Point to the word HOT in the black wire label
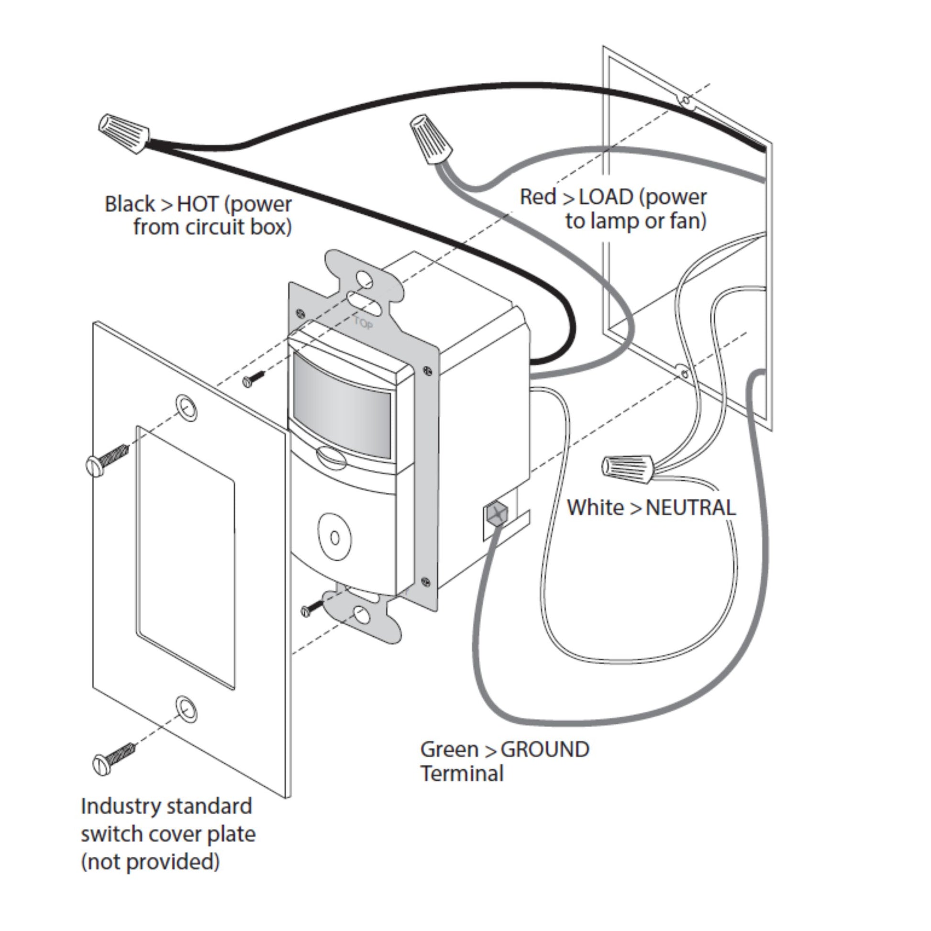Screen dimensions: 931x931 coord(198,204)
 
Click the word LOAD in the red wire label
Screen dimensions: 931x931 coord(606,197)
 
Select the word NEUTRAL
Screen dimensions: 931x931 coord(690,508)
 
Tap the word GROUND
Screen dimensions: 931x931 coord(545,749)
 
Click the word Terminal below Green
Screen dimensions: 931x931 coord(462,774)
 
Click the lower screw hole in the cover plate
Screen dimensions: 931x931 coord(186,709)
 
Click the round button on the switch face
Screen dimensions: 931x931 coord(334,538)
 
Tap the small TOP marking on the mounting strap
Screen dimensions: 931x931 coord(363,322)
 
